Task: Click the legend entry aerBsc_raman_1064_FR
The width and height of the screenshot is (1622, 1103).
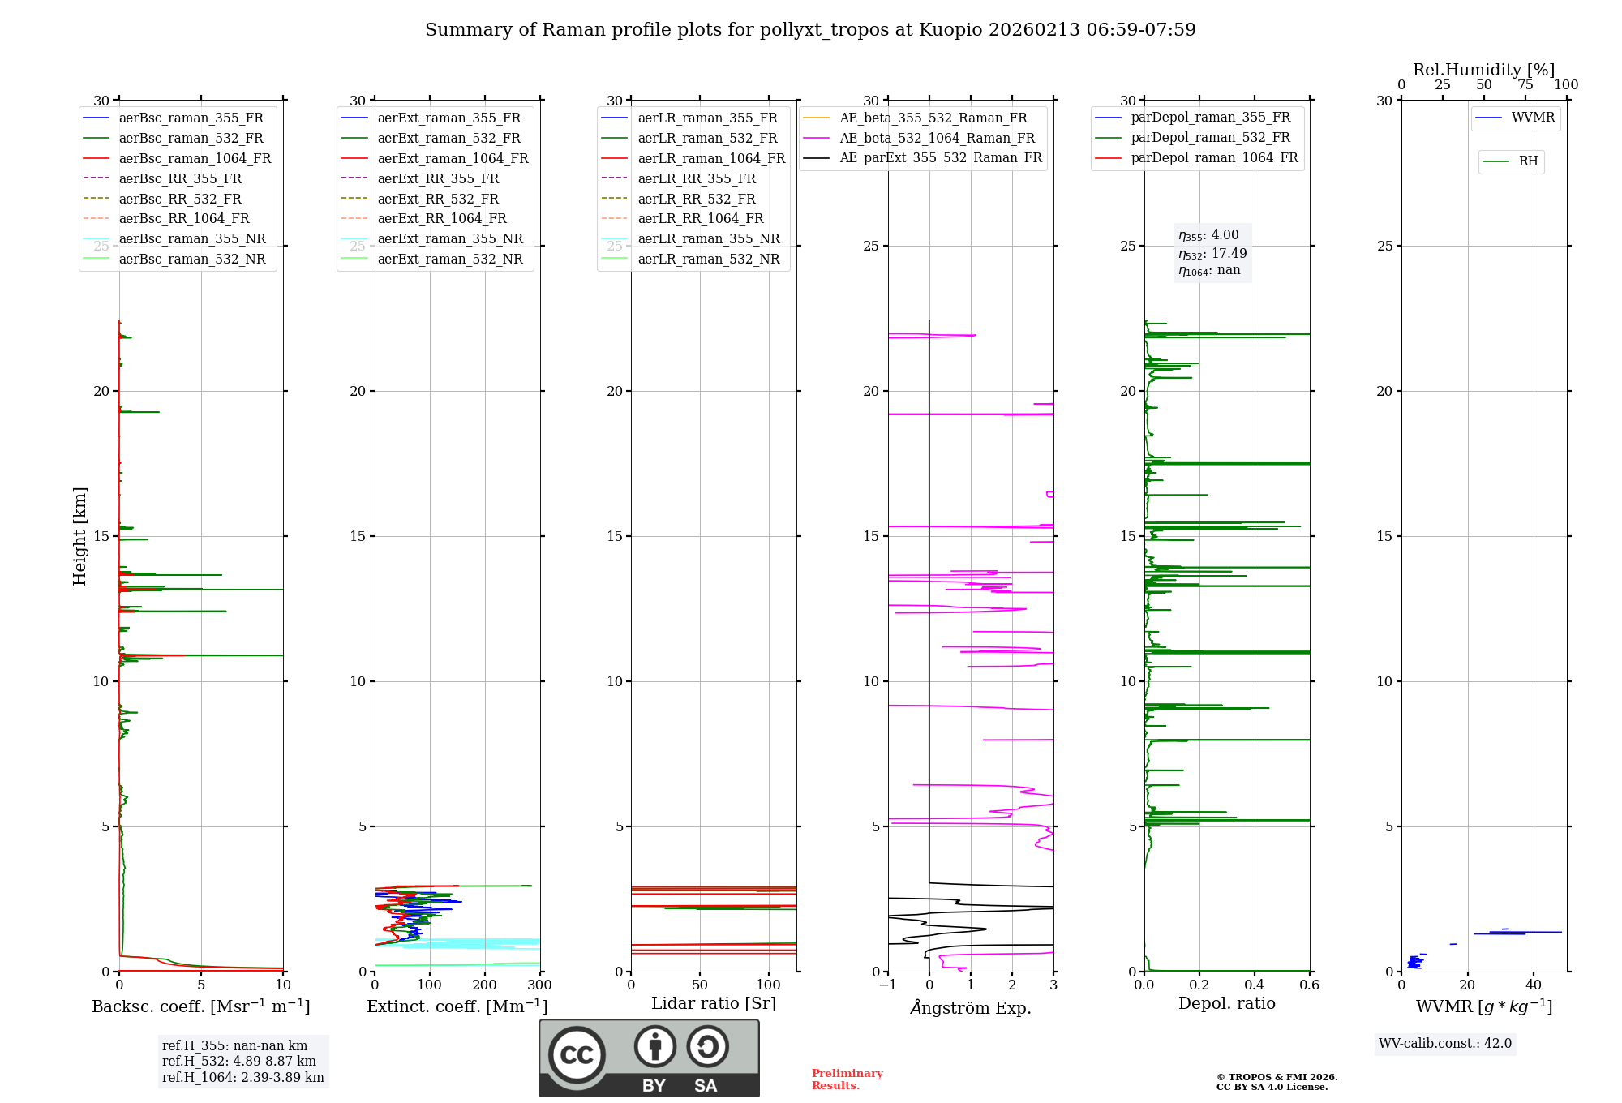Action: click(x=195, y=159)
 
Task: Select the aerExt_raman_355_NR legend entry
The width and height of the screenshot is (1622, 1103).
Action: click(x=450, y=239)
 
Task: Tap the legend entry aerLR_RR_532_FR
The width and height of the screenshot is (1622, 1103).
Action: click(x=696, y=199)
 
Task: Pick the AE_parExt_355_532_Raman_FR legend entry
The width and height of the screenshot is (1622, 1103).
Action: click(x=940, y=158)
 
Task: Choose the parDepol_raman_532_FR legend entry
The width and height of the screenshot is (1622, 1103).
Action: click(x=1210, y=138)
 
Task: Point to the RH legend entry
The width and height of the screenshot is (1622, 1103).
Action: click(x=1528, y=161)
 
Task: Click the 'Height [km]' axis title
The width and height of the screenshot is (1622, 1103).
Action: click(x=79, y=536)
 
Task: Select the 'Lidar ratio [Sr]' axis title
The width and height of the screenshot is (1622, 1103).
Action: click(x=713, y=1004)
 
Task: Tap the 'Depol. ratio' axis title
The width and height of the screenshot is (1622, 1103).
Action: click(x=1226, y=1004)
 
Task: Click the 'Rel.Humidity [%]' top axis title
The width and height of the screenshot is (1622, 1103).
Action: click(x=1483, y=70)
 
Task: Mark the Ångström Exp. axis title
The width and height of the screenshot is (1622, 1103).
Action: click(x=970, y=1008)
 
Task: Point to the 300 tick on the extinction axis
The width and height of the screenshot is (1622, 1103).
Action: click(x=539, y=985)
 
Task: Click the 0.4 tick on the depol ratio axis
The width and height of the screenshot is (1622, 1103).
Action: click(x=1254, y=985)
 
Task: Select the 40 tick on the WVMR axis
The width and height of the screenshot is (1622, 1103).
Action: click(x=1533, y=985)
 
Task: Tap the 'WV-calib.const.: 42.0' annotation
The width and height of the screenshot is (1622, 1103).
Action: click(x=1445, y=1044)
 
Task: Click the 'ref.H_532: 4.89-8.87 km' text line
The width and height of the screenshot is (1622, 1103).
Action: click(x=238, y=1062)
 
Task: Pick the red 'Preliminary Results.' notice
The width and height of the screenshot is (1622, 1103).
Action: click(x=847, y=1079)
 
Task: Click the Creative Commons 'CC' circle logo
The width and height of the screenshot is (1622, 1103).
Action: click(x=577, y=1055)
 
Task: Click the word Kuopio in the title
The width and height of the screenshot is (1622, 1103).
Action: click(x=950, y=30)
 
